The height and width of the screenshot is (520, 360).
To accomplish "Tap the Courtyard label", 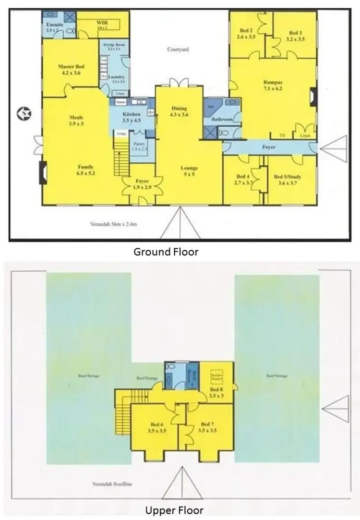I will coord(178,49).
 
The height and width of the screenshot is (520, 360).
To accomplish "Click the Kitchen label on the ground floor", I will coord(132,114).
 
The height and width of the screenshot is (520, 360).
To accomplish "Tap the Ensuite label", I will coord(52,24).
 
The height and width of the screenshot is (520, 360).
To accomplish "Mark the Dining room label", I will coord(179,109).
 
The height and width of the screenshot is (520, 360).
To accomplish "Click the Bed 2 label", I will coord(246,31).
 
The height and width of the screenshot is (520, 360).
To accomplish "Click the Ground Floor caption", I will coord(166,252).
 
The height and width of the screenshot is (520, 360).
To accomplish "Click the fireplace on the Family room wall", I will coord(43,173).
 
